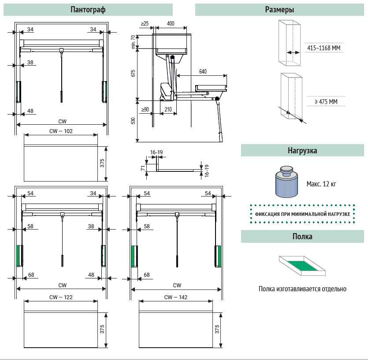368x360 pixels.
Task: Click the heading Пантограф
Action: [x=88, y=10]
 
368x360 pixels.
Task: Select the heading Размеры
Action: [x=279, y=10]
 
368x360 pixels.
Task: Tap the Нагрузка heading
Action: [x=302, y=150]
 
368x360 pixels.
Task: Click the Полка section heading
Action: [x=302, y=237]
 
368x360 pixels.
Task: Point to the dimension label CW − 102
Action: [x=61, y=131]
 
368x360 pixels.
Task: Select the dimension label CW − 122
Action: [x=61, y=297]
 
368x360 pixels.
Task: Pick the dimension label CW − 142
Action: [x=176, y=297]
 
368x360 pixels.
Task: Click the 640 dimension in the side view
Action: [x=203, y=71]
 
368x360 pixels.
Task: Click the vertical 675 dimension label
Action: [x=133, y=74]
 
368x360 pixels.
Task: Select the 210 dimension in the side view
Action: [x=168, y=109]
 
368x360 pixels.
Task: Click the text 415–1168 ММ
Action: [x=324, y=48]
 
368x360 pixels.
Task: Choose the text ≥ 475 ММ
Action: [x=326, y=102]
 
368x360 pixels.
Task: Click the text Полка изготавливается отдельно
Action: [x=302, y=289]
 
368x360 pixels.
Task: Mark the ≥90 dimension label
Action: [x=145, y=109]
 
